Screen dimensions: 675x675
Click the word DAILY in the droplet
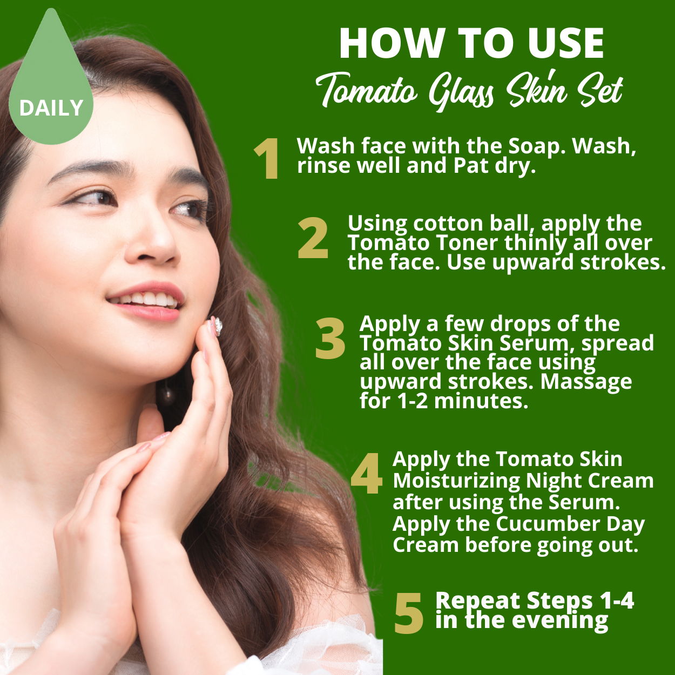click(x=51, y=107)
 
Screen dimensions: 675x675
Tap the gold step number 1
click(x=267, y=158)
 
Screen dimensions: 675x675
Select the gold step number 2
click(x=313, y=238)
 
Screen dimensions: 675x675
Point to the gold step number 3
click(x=330, y=338)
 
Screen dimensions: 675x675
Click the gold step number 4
click(x=367, y=473)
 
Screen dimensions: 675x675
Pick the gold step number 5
click(x=409, y=613)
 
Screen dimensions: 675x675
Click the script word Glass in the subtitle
click(x=462, y=92)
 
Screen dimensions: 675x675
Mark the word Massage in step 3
click(x=586, y=383)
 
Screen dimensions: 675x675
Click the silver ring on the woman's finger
click(x=218, y=327)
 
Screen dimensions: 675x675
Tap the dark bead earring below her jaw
click(x=166, y=396)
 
